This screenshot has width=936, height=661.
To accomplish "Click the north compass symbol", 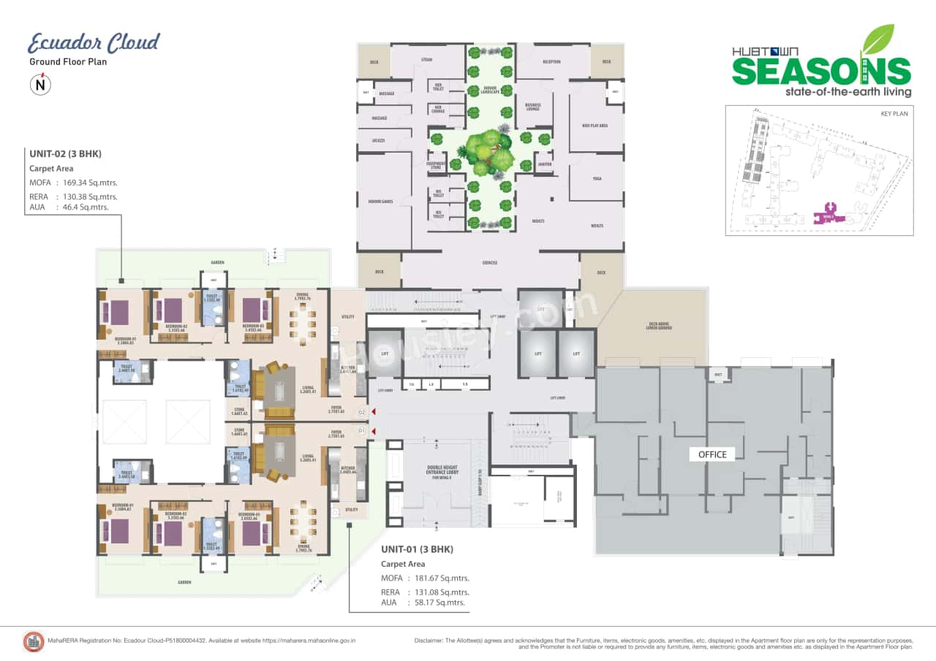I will tap(39, 85).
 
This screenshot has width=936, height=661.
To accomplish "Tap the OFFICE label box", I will tap(712, 454).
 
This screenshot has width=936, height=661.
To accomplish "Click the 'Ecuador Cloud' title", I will tap(94, 43).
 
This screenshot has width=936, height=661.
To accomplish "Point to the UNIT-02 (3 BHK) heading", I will tap(64, 154).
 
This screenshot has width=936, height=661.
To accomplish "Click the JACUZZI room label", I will tap(379, 140).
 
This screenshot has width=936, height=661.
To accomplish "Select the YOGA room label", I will tap(597, 177).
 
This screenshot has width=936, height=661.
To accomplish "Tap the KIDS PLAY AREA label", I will tap(595, 126).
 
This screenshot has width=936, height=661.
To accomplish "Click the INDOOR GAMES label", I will tap(382, 201).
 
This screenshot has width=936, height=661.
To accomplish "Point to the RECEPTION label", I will tap(551, 62).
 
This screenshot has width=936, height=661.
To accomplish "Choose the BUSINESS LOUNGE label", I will tap(533, 107).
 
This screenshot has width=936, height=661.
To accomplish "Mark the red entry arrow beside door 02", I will tap(374, 413).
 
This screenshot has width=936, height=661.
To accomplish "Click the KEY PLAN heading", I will tap(893, 115).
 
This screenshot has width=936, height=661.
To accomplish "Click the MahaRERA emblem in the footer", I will tap(34, 641).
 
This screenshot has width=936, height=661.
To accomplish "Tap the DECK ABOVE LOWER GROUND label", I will tap(661, 326).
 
